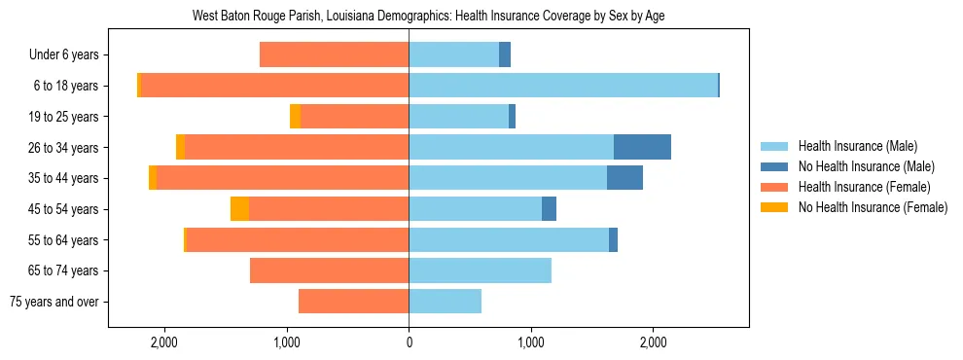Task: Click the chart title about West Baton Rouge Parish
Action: [428, 17]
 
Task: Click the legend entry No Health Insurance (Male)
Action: [860, 167]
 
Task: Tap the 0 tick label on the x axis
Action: [409, 342]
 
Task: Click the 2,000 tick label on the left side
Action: [164, 342]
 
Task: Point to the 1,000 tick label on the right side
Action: [531, 342]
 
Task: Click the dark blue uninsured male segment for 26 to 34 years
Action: [642, 148]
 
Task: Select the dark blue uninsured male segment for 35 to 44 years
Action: [624, 178]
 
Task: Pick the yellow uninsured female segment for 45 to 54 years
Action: [239, 209]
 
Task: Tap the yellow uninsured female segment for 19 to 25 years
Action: [295, 117]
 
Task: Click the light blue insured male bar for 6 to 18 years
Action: [563, 86]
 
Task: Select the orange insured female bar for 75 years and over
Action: [353, 302]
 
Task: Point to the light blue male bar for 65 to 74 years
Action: [480, 270]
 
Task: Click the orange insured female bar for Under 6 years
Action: [334, 55]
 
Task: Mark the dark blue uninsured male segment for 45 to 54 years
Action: [549, 209]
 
